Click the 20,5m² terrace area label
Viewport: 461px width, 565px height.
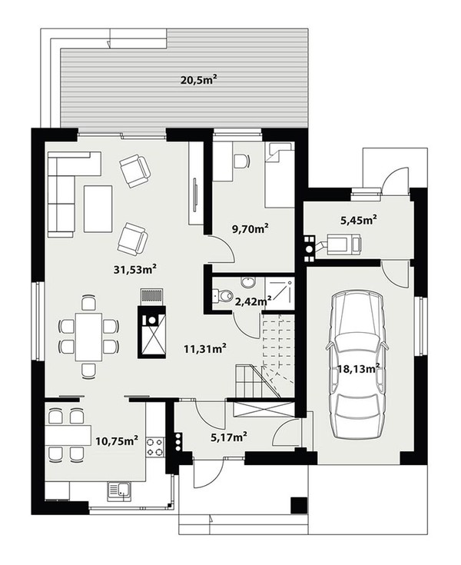coord(201,80)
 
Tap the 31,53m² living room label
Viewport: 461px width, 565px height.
coord(135,269)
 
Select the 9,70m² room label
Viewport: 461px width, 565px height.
coord(250,228)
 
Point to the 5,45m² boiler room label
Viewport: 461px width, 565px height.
coord(359,219)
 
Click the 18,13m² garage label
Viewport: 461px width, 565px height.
coord(359,368)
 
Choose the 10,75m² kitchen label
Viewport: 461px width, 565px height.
coord(117,440)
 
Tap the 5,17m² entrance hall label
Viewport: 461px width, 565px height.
coord(229,437)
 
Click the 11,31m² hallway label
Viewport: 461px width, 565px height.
coord(205,348)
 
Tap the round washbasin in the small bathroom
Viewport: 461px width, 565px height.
coord(247,282)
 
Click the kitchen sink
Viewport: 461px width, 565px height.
coord(119,490)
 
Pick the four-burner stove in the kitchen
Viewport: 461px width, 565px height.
coord(155,447)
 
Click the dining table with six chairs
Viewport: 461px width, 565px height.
coord(88,337)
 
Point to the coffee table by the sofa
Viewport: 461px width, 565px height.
coord(98,208)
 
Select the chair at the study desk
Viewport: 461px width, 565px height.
coord(241,161)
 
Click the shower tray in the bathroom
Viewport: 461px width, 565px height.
coord(280,289)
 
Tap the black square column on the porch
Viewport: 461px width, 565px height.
coord(299,505)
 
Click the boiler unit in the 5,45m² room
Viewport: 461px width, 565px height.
coord(343,244)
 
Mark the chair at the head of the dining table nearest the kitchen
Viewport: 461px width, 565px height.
coord(88,371)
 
